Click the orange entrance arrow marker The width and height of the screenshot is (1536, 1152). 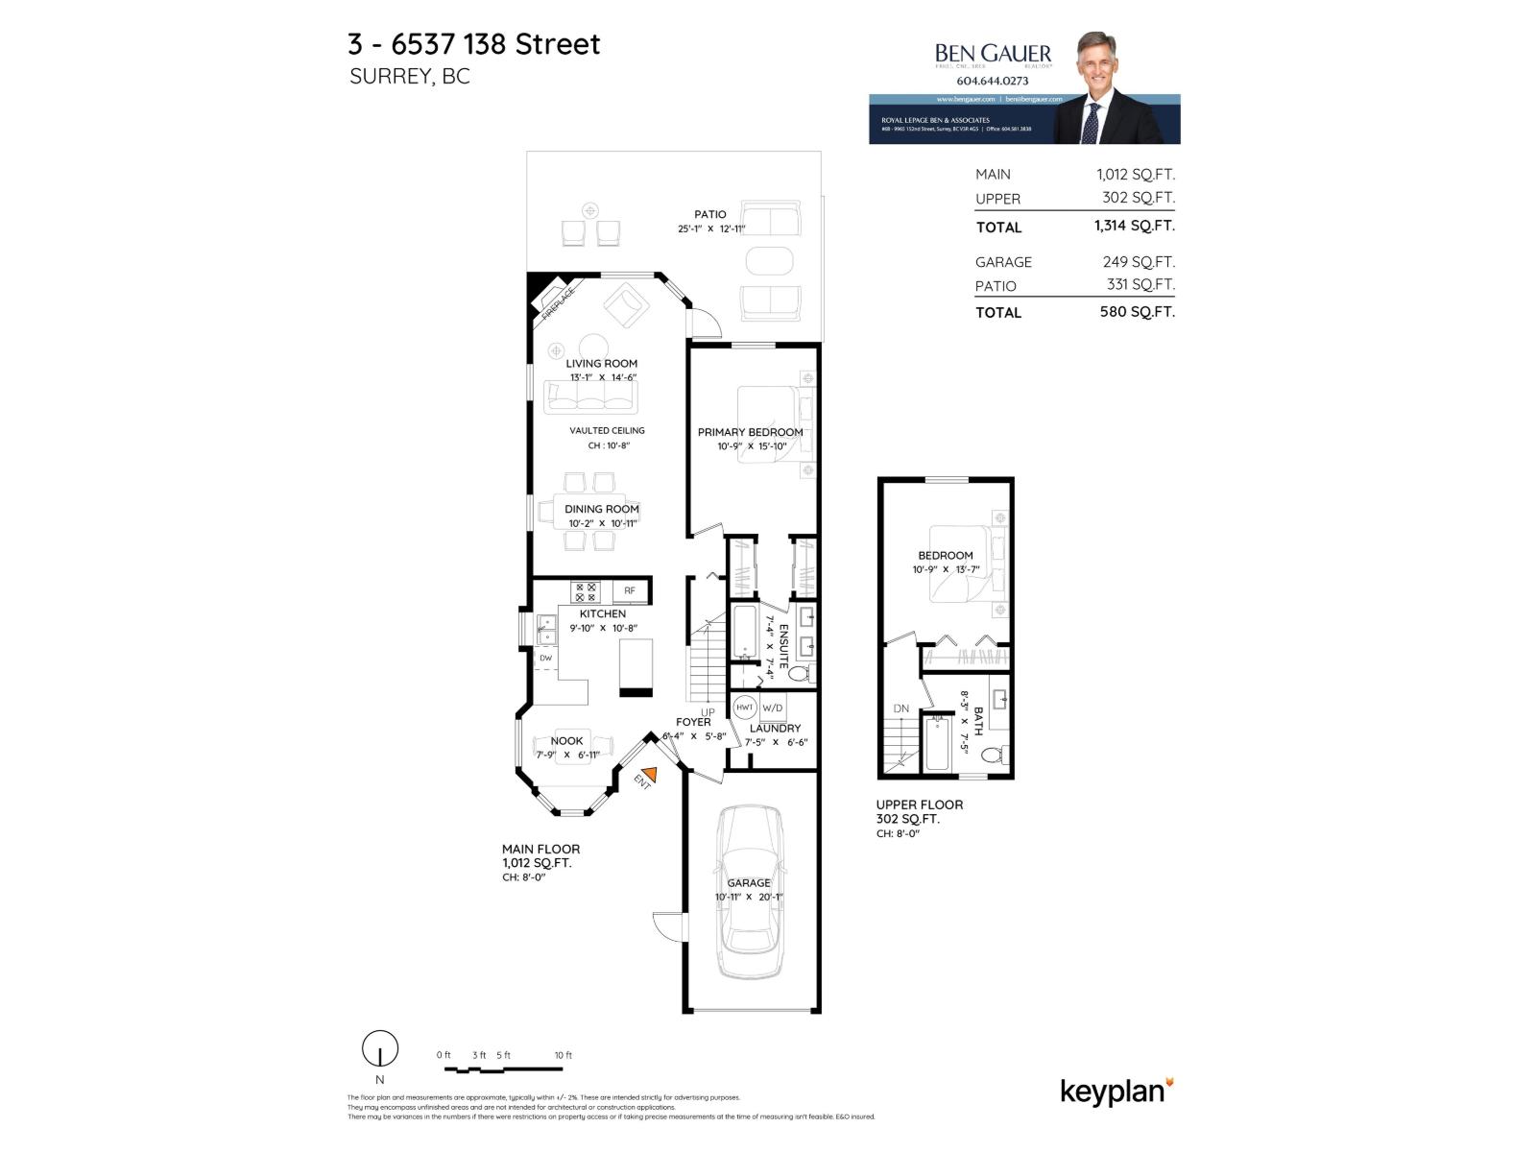click(650, 774)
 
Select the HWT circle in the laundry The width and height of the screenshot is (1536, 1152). click(745, 708)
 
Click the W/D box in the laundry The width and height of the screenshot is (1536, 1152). click(773, 708)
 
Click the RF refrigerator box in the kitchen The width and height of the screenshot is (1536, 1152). click(630, 590)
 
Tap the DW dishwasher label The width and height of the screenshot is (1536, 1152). click(545, 658)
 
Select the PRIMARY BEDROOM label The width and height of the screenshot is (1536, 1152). click(750, 432)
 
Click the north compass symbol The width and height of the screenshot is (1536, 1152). click(380, 1049)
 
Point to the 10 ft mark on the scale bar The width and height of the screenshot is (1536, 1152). click(564, 1056)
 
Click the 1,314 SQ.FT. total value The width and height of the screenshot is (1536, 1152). click(1134, 226)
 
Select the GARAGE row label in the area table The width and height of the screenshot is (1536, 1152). click(1003, 262)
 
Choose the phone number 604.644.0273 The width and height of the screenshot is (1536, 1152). click(993, 82)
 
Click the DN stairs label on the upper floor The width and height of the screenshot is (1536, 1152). click(900, 708)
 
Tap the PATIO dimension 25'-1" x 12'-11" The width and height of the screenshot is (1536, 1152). click(710, 228)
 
